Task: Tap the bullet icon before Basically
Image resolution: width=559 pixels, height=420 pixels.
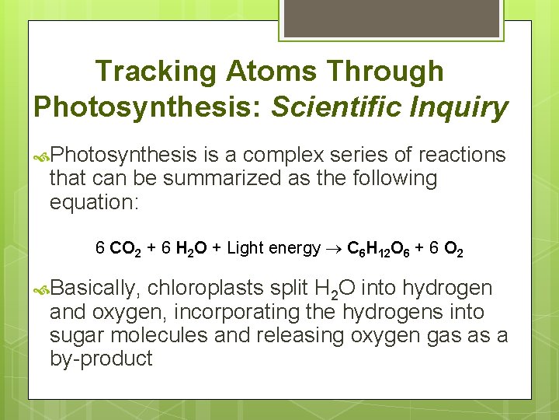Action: pos(40,289)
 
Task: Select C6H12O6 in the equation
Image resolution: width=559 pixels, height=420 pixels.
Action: pos(379,249)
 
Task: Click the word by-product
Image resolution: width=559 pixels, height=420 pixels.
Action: pos(101,359)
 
